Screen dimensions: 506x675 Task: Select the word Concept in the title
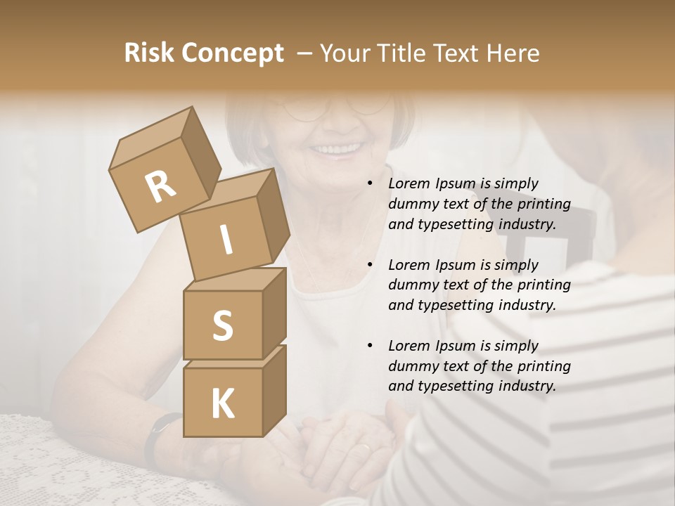[x=232, y=53]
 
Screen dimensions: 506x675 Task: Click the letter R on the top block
[x=160, y=186]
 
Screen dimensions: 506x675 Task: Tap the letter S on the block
[x=222, y=325]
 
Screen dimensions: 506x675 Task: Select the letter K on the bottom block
[x=222, y=403]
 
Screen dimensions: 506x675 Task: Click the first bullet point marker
[x=370, y=184]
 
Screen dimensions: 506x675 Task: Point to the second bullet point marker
[x=370, y=266]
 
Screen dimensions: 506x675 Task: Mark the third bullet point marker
[x=370, y=346]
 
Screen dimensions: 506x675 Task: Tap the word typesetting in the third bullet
[x=453, y=386]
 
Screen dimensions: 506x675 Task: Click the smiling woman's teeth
[x=336, y=149]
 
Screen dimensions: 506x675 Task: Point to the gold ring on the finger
[x=364, y=447]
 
